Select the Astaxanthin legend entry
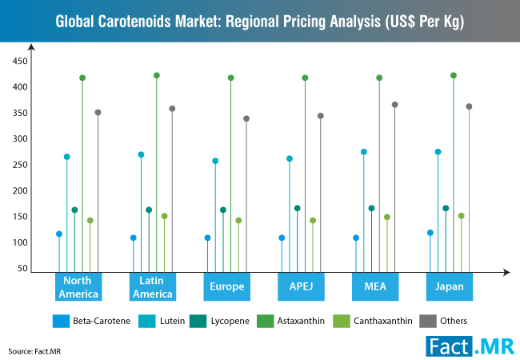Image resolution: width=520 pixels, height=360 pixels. click(x=294, y=321)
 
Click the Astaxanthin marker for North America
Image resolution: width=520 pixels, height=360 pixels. click(x=82, y=78)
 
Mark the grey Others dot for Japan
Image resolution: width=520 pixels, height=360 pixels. click(x=470, y=106)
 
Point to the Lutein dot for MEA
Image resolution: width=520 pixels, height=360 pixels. click(x=364, y=151)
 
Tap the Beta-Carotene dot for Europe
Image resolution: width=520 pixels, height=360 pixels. click(x=208, y=238)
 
